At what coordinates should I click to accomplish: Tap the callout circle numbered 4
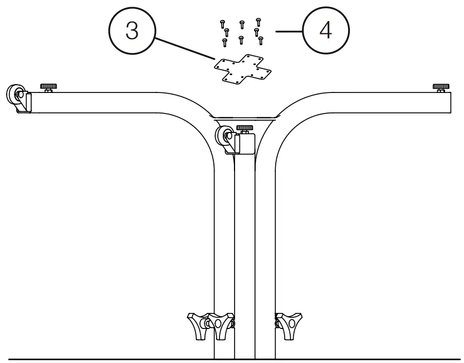pyautogui.click(x=326, y=31)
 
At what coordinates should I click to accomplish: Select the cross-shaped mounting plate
pyautogui.click(x=243, y=70)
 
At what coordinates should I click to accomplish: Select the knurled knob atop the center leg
pyautogui.click(x=244, y=129)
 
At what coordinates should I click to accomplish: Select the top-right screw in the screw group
pyautogui.click(x=258, y=23)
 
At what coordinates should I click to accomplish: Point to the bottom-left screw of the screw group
pyautogui.click(x=224, y=42)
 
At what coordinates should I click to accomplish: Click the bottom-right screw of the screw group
pyautogui.click(x=260, y=40)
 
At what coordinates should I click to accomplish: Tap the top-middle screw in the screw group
pyautogui.click(x=242, y=24)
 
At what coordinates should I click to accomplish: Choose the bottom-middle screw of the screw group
pyautogui.click(x=240, y=39)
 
